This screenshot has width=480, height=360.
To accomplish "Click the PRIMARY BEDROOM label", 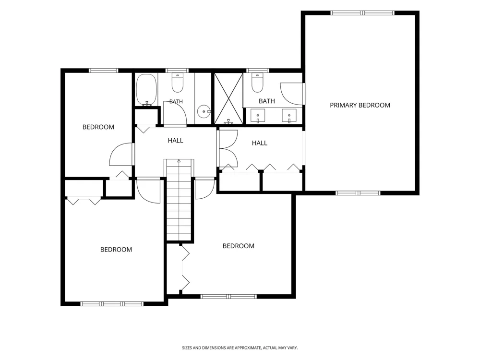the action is coord(360,105).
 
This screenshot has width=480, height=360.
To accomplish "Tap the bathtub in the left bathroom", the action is coord(146,90).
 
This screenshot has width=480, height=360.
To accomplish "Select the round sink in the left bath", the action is coord(204,111).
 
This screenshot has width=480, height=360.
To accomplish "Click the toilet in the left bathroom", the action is coord(178,83).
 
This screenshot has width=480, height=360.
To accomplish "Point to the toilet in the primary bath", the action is coord(257,83).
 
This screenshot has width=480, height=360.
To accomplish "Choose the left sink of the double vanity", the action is coord(258,116).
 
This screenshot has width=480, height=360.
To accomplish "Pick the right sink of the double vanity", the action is coord(289,116).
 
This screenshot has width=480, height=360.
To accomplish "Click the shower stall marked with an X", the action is coord(228,98).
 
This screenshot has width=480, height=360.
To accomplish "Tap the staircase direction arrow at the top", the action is coord(179,161).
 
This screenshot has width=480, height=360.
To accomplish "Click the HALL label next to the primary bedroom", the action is coord(260,143).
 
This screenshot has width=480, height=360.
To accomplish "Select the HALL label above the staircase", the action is coord(175,141).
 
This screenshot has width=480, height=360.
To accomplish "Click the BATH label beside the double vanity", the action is coord(266,101).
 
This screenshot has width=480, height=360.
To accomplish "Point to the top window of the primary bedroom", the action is coord(362,13).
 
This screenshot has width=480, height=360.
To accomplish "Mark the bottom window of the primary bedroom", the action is coord(358,193).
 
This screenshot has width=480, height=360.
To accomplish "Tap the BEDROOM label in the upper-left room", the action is coord(98,127).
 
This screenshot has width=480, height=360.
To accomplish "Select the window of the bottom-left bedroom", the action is coord(112,304).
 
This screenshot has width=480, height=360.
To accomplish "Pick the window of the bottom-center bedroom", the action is coord(228,296).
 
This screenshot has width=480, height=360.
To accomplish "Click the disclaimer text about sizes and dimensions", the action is coord(240,348).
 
